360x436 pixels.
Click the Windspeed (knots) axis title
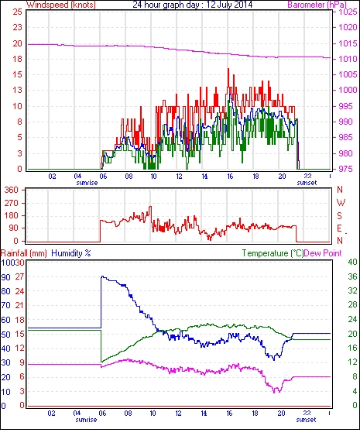[x=61, y=5]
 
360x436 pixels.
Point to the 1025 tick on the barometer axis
[x=348, y=12]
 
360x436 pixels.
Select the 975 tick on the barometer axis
[x=346, y=169]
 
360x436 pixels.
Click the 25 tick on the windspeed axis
[x=17, y=12]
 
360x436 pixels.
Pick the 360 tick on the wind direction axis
[x=12, y=190]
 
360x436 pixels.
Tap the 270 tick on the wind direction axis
[x=12, y=203]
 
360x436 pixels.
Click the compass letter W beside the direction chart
[x=341, y=203]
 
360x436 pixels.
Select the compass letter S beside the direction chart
[x=339, y=215]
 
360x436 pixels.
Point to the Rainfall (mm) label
[x=24, y=253]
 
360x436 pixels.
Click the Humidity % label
[x=71, y=253]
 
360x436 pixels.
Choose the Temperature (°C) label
[x=273, y=253]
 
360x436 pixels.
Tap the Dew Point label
[x=323, y=253]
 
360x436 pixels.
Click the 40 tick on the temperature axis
[x=352, y=262]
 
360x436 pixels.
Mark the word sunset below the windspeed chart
[x=307, y=183]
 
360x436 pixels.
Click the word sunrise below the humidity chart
[x=86, y=420]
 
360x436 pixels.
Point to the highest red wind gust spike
[x=228, y=69]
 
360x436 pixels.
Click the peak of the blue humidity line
[x=102, y=276]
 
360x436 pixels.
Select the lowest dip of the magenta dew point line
[x=274, y=393]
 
